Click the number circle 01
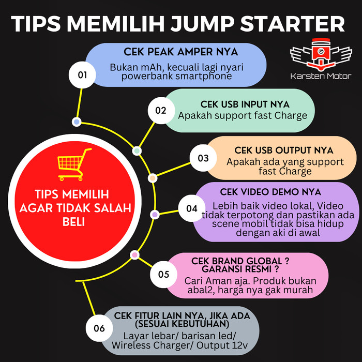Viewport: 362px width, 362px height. point(83,74)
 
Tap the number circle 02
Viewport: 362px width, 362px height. point(161,110)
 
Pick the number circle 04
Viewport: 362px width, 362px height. point(192,208)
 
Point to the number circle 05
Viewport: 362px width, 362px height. point(164,274)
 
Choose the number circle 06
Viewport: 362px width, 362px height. point(99,328)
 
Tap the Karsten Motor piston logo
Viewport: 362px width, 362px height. point(321,56)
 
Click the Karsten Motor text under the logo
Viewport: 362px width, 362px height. point(321,77)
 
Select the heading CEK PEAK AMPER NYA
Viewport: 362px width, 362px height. point(180,52)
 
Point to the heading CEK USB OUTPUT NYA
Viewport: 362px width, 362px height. point(284,150)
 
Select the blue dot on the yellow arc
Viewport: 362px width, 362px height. point(77,122)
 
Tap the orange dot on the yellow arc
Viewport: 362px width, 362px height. point(153,178)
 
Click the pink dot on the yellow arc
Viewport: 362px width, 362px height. point(134,254)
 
